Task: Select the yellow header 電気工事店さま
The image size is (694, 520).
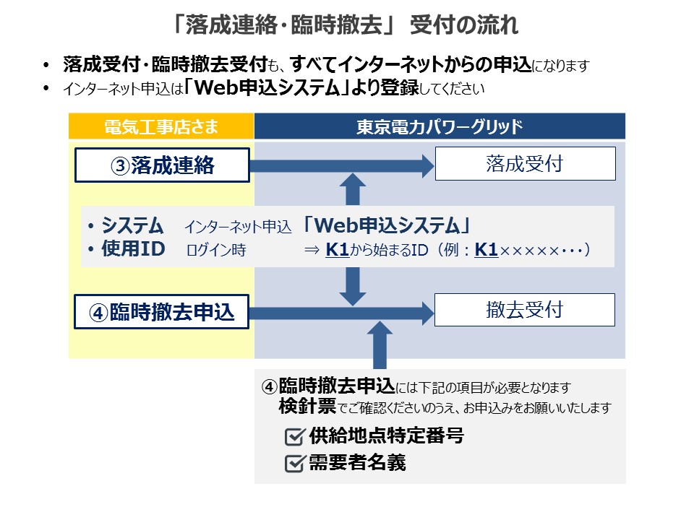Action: click(161, 127)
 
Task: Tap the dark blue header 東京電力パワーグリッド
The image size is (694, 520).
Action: click(440, 127)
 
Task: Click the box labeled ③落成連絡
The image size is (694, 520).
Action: click(163, 165)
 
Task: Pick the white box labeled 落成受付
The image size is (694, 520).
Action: click(524, 164)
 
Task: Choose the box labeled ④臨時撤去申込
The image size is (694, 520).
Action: click(163, 312)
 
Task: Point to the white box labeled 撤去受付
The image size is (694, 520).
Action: click(524, 310)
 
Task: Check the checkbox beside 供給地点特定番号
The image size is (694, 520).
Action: click(294, 437)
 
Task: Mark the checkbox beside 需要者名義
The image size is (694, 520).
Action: click(294, 464)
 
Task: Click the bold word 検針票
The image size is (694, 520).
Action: click(307, 407)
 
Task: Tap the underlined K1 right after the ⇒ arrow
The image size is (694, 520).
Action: click(337, 250)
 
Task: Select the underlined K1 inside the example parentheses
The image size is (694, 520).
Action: click(487, 250)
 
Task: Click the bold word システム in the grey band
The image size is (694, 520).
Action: click(133, 225)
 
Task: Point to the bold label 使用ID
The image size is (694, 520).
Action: click(133, 250)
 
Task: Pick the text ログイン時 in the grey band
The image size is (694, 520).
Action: click(216, 251)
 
